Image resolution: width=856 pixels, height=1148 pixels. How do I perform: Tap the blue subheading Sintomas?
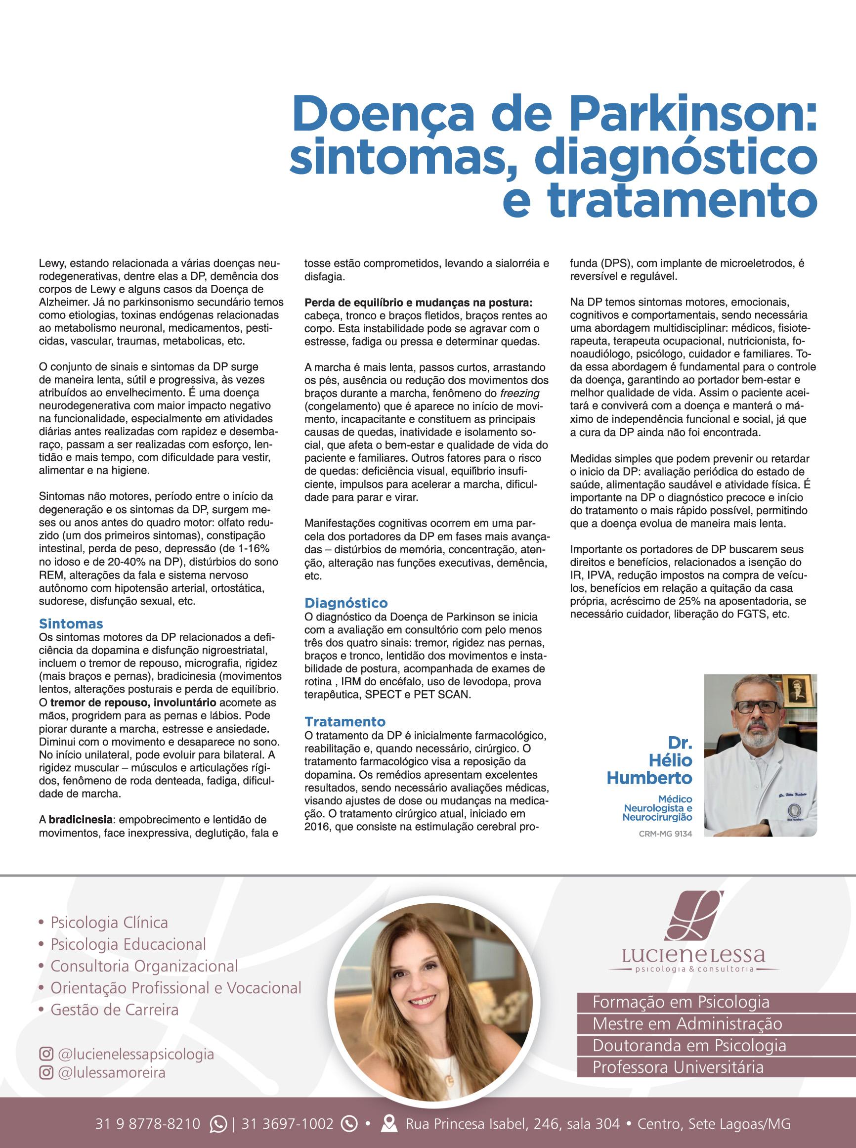click(x=71, y=623)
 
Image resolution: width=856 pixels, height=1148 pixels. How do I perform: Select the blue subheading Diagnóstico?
click(x=345, y=603)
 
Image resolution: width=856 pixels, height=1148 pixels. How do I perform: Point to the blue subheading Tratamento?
click(x=345, y=721)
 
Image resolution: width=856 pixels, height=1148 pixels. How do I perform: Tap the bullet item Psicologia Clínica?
click(x=109, y=923)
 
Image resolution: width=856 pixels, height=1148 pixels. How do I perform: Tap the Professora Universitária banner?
click(x=678, y=1067)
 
